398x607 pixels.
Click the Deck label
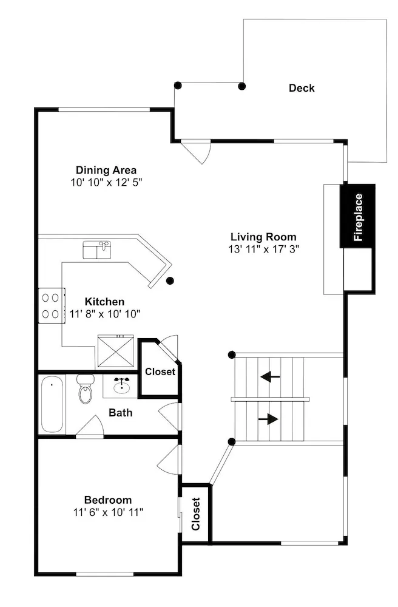302,88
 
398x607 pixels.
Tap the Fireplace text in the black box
359,217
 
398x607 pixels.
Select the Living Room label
263,237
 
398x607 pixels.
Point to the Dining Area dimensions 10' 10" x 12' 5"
106,182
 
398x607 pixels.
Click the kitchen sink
97,249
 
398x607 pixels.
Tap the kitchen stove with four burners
52,305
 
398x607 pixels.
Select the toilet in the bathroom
85,388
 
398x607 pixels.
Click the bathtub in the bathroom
52,404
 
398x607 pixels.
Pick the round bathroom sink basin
122,386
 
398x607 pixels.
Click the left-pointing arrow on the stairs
271,376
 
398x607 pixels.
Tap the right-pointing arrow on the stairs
268,419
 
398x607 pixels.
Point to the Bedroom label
108,500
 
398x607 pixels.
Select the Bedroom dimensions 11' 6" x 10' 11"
109,512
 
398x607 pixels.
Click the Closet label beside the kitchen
160,371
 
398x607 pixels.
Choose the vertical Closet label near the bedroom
196,514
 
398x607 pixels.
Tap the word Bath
121,413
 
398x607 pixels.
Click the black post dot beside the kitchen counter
170,280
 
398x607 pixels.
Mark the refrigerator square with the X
116,351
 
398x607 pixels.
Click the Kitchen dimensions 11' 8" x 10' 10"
105,314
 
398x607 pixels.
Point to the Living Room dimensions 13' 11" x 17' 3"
264,249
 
